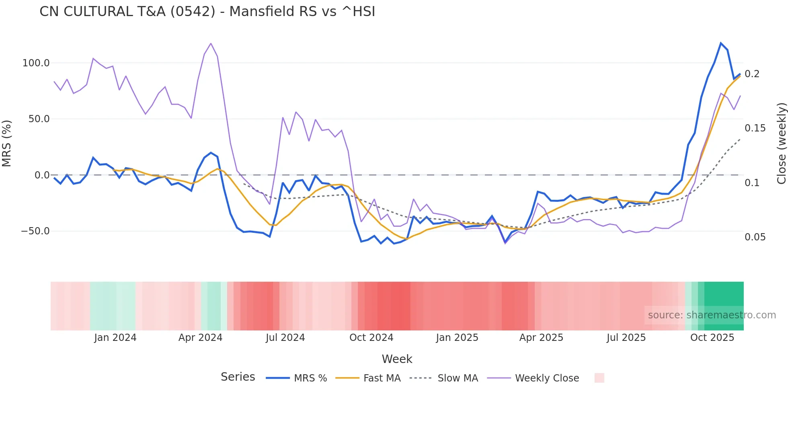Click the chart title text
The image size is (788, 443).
tap(207, 12)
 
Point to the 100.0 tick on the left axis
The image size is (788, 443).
tap(36, 63)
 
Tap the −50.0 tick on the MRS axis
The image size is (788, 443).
tap(35, 231)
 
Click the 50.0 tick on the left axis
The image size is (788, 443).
tap(39, 119)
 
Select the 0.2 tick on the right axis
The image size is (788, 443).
tap(752, 74)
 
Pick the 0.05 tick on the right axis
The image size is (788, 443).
tap(755, 237)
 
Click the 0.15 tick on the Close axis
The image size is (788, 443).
tap(755, 128)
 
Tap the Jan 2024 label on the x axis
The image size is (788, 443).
tap(115, 338)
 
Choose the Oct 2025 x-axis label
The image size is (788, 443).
tap(712, 338)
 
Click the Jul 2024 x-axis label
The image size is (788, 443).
tap(285, 338)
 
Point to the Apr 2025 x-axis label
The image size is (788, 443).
tap(541, 338)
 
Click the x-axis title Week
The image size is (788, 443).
tap(397, 359)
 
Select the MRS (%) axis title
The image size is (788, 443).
tap(7, 143)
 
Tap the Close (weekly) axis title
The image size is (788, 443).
tap(781, 143)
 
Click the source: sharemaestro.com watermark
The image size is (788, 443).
tap(712, 315)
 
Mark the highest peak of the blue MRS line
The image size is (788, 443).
tap(721, 43)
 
